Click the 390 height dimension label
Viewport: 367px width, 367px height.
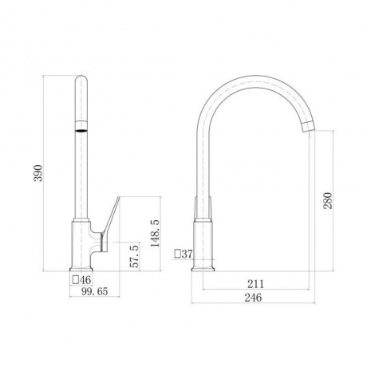coord(39,173)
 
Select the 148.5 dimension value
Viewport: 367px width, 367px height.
coord(155,233)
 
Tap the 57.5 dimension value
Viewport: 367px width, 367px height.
coord(135,256)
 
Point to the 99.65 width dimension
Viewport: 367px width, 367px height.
coord(95,291)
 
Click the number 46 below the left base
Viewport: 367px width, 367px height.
coord(85,280)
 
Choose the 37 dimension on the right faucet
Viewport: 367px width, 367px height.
coord(187,254)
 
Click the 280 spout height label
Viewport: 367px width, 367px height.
coord(328,201)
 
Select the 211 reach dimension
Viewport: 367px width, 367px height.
coord(256,284)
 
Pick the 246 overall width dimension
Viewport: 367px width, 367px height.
coord(253,298)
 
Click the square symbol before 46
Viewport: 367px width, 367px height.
coord(76,280)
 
